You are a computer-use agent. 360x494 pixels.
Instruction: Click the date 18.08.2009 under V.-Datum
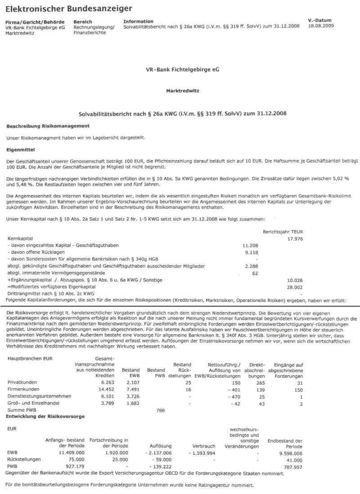(x=321, y=27)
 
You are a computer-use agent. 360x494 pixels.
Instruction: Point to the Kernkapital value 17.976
(x=291, y=238)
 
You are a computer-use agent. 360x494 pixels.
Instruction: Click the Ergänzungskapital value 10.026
(x=291, y=280)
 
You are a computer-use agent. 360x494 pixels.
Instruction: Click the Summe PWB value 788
(x=160, y=410)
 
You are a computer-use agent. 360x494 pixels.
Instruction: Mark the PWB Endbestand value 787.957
(x=291, y=467)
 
